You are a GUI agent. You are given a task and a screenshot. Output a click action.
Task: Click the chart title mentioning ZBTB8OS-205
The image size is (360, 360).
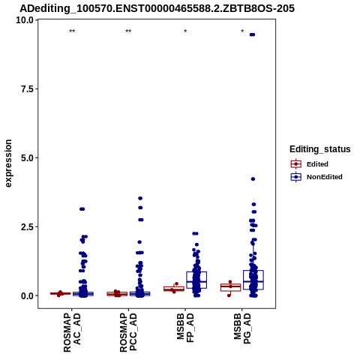157,8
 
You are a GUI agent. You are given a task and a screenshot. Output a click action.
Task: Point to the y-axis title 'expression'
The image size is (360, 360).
8,163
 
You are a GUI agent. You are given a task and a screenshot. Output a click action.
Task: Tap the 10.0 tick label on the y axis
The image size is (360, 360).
25,20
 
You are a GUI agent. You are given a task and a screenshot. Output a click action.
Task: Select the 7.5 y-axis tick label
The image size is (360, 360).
28,89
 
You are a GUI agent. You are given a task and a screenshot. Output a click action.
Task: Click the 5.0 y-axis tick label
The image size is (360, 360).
28,158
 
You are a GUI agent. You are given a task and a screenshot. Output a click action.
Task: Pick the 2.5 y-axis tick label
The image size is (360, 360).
28,227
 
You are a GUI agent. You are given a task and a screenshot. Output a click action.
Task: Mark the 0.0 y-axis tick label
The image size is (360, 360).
28,296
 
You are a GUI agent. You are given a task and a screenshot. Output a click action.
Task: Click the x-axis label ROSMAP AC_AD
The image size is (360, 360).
72,333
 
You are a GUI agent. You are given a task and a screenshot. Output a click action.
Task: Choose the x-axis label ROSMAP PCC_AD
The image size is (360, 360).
128,333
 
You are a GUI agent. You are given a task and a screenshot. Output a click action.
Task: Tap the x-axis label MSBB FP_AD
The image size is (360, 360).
185,328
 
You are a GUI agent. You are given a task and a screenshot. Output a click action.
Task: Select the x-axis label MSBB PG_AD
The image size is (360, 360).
242,328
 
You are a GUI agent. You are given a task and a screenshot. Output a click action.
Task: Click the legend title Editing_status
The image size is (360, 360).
320,149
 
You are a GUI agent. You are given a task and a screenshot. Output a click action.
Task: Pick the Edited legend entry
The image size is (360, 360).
309,164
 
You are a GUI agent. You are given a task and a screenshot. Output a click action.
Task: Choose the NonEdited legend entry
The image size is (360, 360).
316,177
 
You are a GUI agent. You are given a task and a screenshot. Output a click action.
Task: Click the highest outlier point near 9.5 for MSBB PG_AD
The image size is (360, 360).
252,34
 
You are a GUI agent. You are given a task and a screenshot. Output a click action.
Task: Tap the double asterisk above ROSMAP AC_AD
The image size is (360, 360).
72,31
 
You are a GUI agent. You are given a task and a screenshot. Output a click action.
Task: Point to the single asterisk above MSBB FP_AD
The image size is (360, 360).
185,31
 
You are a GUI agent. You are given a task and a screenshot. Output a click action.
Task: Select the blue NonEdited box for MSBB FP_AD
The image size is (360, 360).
196,280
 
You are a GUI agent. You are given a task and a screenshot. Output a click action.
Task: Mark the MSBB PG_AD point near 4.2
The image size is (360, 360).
253,179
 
